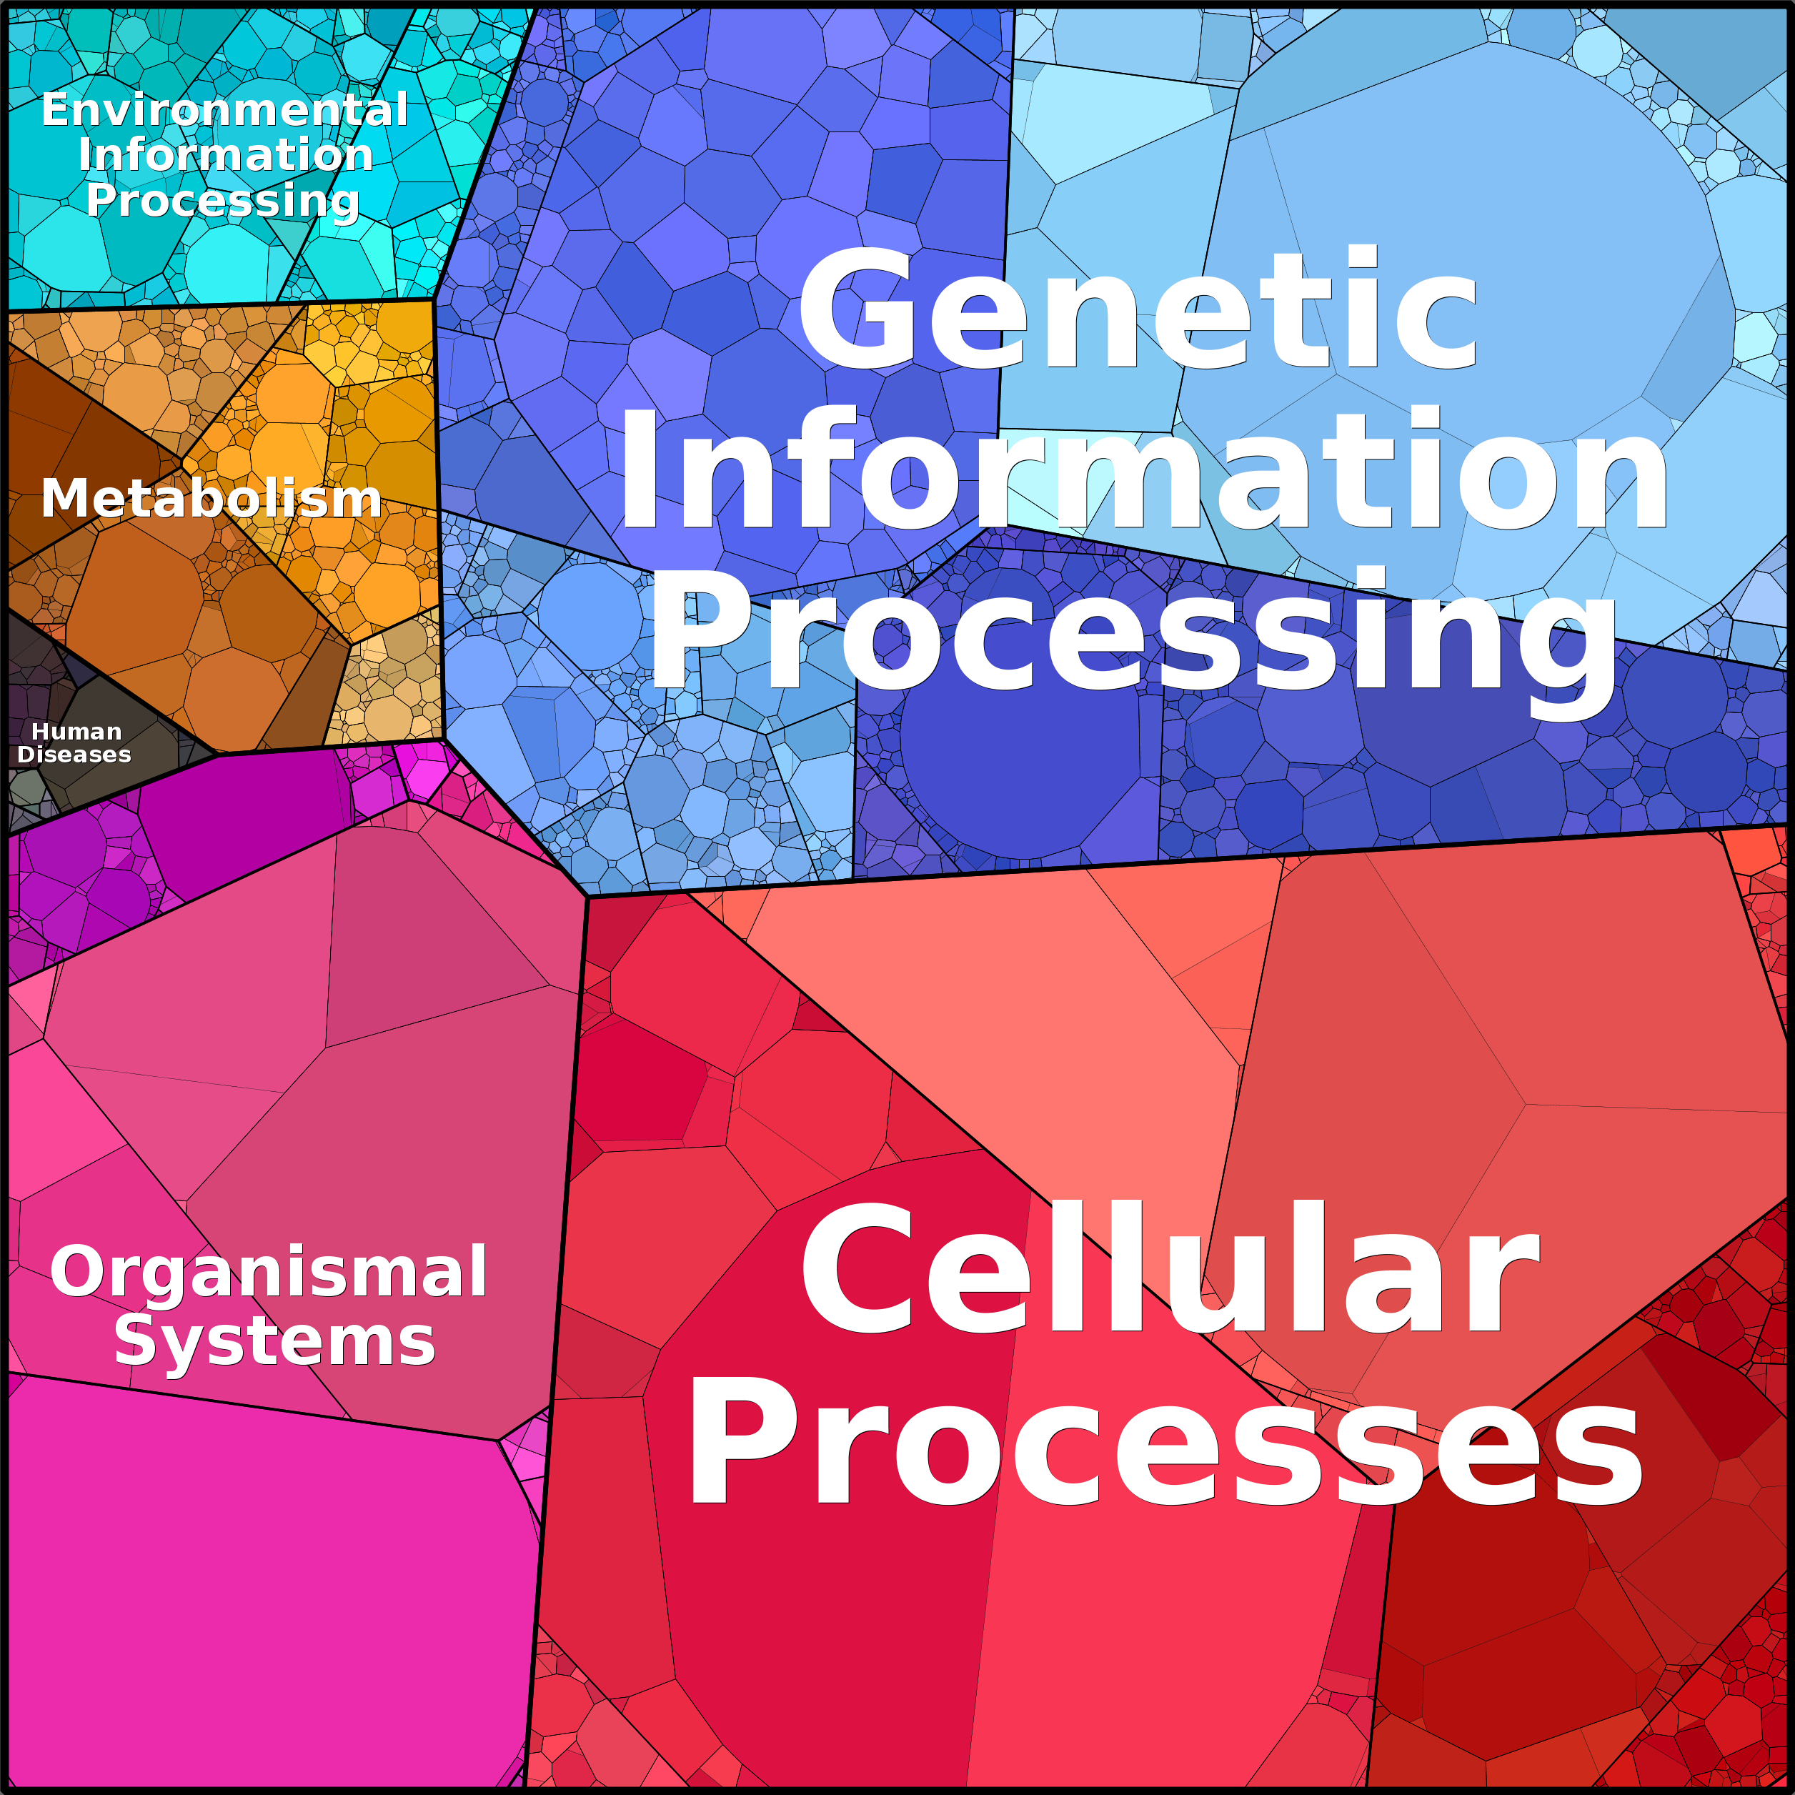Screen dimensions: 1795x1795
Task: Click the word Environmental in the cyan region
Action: (225, 109)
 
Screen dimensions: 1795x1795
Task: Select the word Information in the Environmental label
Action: (226, 154)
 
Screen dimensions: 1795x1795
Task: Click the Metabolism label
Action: (212, 498)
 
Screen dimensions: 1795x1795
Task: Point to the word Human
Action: (77, 732)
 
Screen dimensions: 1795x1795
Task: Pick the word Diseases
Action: (74, 755)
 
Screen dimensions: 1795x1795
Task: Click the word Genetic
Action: (1138, 309)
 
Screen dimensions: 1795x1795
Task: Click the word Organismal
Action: (269, 1273)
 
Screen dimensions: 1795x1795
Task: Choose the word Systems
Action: (275, 1341)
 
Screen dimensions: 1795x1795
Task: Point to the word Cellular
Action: (1170, 1269)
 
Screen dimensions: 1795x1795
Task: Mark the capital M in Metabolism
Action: (65, 498)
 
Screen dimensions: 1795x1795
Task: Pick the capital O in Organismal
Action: (80, 1272)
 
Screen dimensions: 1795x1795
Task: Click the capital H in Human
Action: (41, 732)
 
